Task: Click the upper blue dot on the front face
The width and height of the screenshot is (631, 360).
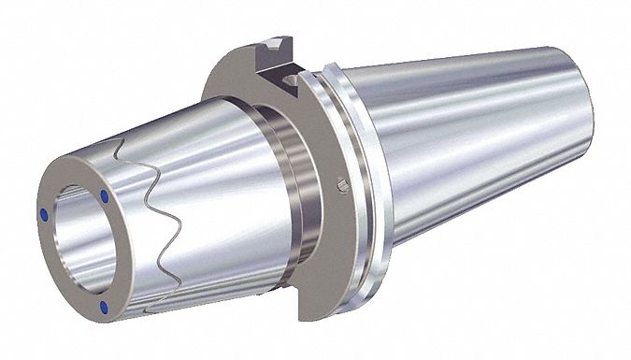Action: pos(103,197)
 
